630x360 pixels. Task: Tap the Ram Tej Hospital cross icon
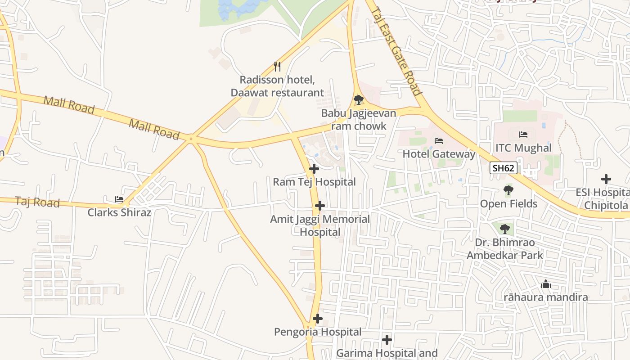pos(314,169)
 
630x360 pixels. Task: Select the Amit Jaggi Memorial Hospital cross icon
pos(320,206)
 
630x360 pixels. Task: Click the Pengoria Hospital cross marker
pos(318,319)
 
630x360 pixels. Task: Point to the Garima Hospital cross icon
pos(387,340)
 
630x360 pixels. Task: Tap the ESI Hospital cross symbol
pos(606,179)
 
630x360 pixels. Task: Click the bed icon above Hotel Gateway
pos(439,141)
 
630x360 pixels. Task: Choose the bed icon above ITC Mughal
pos(523,134)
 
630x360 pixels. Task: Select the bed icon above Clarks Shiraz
pos(119,199)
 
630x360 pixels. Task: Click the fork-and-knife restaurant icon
pos(277,67)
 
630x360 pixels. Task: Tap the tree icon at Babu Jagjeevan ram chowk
pos(358,99)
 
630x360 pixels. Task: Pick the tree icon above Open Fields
pos(508,190)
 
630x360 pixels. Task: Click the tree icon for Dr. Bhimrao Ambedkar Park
pos(504,229)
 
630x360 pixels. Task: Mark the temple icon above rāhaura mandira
pos(546,284)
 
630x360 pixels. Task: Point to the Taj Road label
pos(37,202)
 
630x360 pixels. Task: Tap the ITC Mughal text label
pos(523,148)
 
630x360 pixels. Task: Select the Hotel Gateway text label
pos(439,154)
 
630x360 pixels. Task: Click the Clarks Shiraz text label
pos(119,212)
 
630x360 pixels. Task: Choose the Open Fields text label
pos(508,204)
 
